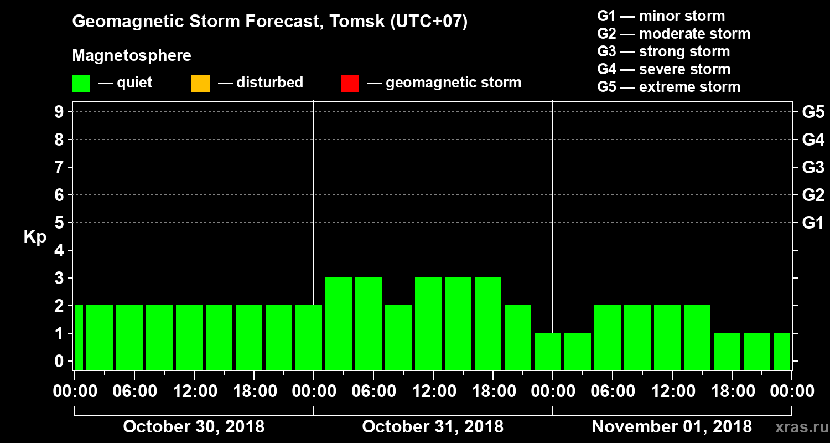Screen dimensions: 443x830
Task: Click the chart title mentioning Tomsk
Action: (x=270, y=22)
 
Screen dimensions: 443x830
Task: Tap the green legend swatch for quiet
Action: (x=81, y=84)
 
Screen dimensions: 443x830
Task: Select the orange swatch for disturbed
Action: (x=200, y=84)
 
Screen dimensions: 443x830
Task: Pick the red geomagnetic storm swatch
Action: (x=350, y=84)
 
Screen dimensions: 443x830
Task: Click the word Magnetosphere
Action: (x=132, y=56)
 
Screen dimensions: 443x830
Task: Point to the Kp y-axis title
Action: (x=35, y=237)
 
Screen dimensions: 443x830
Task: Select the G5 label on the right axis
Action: (x=813, y=112)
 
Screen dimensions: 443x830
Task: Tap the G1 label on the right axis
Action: (x=813, y=223)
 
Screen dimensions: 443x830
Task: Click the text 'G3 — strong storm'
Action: (x=663, y=51)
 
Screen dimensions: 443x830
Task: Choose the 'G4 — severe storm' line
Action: (x=663, y=69)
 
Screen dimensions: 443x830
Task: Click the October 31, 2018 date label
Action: (x=433, y=427)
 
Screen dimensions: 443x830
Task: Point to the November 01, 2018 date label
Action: (x=672, y=427)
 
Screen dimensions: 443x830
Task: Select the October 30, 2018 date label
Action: (x=194, y=427)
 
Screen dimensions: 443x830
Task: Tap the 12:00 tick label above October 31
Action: (x=433, y=392)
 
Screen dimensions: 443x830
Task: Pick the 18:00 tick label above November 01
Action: (x=732, y=392)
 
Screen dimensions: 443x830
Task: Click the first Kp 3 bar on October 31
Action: (x=339, y=323)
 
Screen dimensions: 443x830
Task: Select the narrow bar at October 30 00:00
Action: (x=79, y=337)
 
